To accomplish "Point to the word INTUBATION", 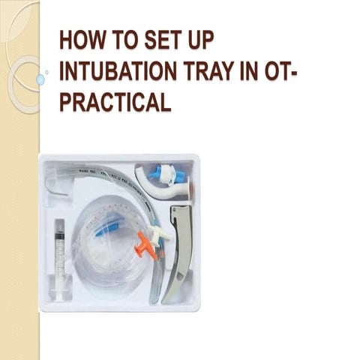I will point(116,71).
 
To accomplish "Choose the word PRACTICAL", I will point(115,103).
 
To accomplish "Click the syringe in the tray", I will point(59,255).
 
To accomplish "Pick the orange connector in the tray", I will point(145,244).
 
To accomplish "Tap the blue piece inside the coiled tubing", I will point(109,224).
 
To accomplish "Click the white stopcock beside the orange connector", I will point(158,235).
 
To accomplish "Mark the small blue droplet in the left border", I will point(40,79).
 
